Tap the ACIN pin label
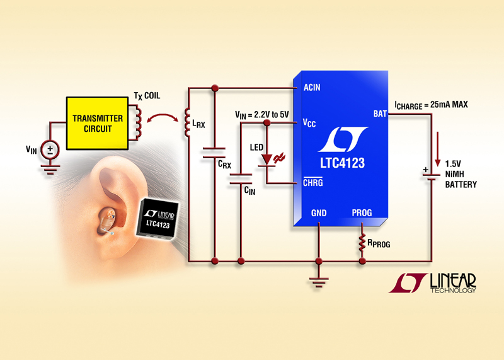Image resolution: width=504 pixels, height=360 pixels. point(312,87)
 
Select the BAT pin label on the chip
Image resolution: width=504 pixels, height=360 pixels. point(380,113)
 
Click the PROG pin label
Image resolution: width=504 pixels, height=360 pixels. point(362,213)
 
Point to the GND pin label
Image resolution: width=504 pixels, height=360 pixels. point(319,213)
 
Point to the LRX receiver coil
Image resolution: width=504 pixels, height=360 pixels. point(186,123)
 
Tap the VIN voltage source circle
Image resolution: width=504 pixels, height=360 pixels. point(49,150)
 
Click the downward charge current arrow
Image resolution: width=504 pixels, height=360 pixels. point(433,142)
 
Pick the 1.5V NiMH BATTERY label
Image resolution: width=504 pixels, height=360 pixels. point(461,175)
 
